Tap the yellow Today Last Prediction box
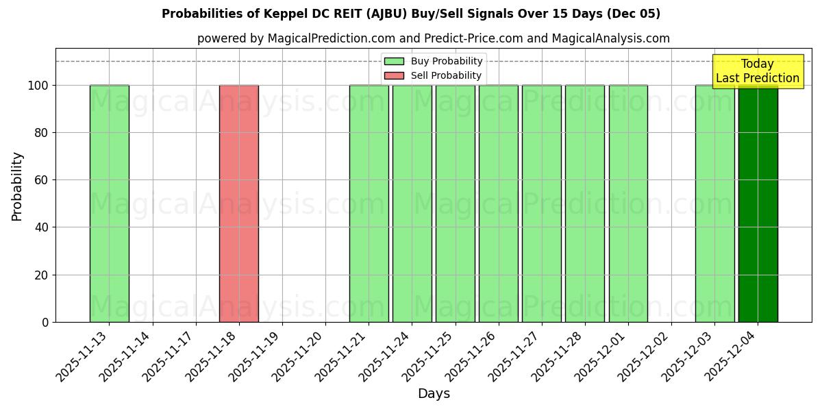pos(757,71)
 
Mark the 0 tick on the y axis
pos(45,322)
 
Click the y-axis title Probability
pos(17,186)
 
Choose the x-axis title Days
pos(434,394)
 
